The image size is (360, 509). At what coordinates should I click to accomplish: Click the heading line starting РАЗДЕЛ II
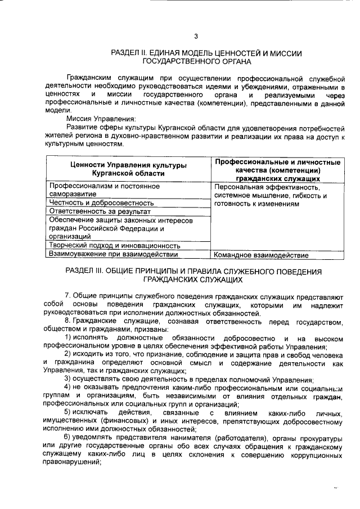tap(207, 53)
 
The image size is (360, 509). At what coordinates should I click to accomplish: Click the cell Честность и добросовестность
tap(101, 202)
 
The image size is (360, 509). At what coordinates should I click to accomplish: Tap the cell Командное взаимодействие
tap(262, 255)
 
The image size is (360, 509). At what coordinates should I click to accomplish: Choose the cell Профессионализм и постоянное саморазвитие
tap(104, 190)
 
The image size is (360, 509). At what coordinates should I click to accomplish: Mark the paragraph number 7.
tap(67, 295)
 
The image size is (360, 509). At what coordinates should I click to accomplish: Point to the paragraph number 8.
tap(67, 321)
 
